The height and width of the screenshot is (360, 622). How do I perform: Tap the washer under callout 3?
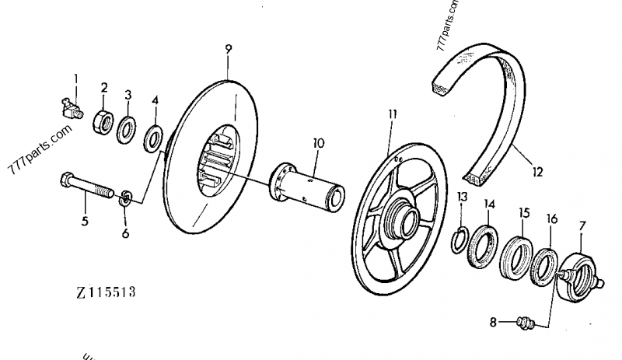click(x=128, y=128)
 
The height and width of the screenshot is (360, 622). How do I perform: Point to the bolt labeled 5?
click(x=155, y=138)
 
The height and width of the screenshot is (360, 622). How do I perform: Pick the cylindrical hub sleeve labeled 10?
click(x=124, y=197)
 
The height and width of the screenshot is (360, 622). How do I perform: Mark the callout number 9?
click(x=228, y=50)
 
